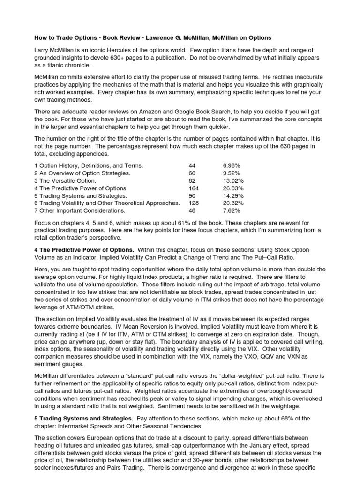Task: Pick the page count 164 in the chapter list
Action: pyautogui.click(x=194, y=188)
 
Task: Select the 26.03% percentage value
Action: pyautogui.click(x=233, y=188)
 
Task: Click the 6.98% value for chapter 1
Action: pyautogui.click(x=232, y=166)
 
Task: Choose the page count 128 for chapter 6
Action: pyautogui.click(x=194, y=203)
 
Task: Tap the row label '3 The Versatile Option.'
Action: pyautogui.click(x=65, y=181)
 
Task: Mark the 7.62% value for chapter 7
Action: pyautogui.click(x=232, y=210)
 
